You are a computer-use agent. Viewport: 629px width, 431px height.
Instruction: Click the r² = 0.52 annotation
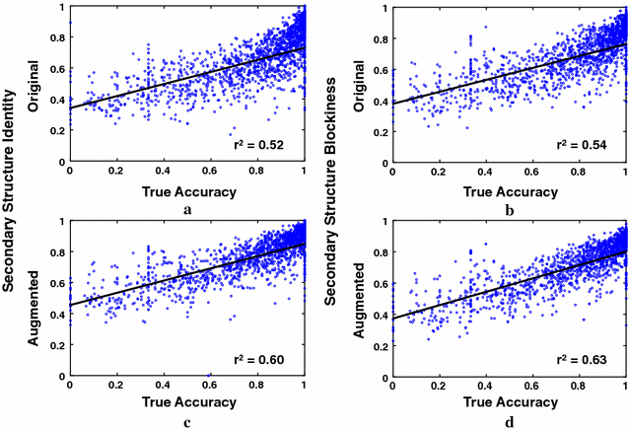[257, 144]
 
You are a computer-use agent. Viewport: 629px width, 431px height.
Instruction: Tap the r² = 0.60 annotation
[257, 359]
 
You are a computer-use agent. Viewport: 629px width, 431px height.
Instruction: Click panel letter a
[187, 210]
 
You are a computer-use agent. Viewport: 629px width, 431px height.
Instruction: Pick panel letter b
[510, 210]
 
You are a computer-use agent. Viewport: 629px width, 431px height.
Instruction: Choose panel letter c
[187, 424]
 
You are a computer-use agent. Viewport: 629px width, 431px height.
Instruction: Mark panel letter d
[510, 424]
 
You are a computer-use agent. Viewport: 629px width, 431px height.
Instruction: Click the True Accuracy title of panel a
[187, 189]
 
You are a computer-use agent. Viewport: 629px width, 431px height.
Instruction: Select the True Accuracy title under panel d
[510, 402]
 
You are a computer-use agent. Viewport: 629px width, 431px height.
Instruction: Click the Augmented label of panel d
[366, 298]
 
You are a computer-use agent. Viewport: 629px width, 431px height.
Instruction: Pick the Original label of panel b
[366, 83]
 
